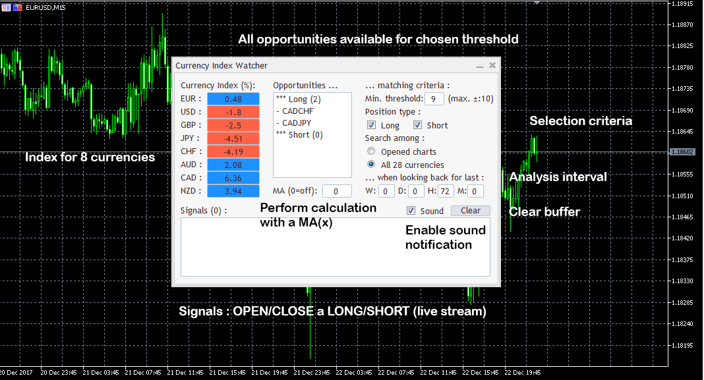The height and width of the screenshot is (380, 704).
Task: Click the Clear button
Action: pyautogui.click(x=470, y=210)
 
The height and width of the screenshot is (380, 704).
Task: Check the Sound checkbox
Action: pyautogui.click(x=411, y=210)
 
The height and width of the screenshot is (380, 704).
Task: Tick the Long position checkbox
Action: pyautogui.click(x=371, y=124)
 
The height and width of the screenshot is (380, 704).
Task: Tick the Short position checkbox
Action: pyautogui.click(x=417, y=124)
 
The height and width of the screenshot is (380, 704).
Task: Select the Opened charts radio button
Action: pyautogui.click(x=371, y=151)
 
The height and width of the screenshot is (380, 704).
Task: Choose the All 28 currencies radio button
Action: pyautogui.click(x=371, y=164)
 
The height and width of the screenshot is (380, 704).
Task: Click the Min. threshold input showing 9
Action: pyautogui.click(x=434, y=99)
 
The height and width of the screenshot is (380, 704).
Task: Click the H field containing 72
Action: pyautogui.click(x=445, y=191)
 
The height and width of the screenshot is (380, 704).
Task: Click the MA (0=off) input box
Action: pyautogui.click(x=337, y=191)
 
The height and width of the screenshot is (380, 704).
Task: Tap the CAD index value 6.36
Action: pyautogui.click(x=233, y=178)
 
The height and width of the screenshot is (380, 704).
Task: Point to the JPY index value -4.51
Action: pyautogui.click(x=233, y=138)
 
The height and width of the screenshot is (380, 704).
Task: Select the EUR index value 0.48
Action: pyautogui.click(x=233, y=99)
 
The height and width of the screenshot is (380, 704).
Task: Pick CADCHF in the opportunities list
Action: pyautogui.click(x=298, y=111)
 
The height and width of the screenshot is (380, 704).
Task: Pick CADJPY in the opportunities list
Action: pyautogui.click(x=297, y=123)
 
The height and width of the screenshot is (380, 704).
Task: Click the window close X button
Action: pyautogui.click(x=492, y=65)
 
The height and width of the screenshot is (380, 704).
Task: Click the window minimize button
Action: pyautogui.click(x=479, y=67)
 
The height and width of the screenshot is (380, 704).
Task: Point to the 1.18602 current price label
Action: pyautogui.click(x=682, y=152)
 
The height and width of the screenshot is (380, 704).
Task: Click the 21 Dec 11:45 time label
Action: pyautogui.click(x=185, y=372)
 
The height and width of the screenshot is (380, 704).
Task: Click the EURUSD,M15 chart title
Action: pyautogui.click(x=45, y=7)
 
